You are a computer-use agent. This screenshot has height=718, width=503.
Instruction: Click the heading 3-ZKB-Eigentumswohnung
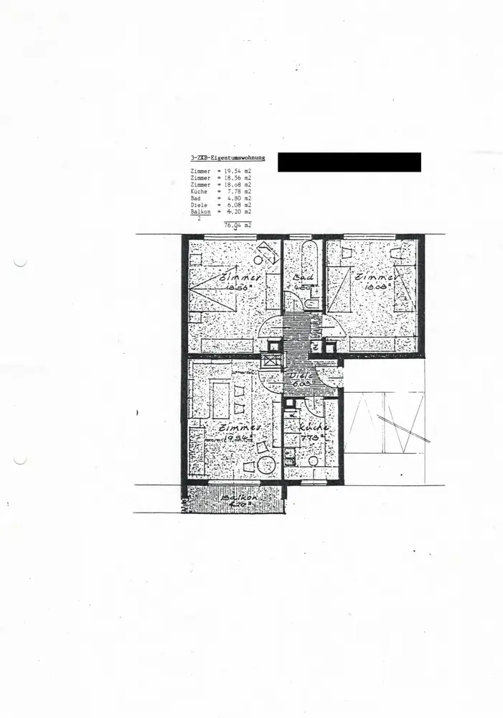point(227,157)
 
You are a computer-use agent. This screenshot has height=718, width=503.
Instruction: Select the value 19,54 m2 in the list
point(238,172)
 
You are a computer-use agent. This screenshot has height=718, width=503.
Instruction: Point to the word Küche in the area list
point(199,192)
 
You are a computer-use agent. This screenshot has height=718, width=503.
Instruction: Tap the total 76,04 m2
point(238,225)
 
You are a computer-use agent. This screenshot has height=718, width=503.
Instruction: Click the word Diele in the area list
point(199,205)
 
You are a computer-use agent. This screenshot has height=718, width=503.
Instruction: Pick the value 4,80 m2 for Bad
point(238,199)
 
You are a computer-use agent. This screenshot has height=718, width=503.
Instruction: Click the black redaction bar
point(349,162)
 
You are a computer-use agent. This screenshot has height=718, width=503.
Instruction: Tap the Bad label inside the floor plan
point(300,276)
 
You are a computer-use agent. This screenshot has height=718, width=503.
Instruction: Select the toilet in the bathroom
point(311,304)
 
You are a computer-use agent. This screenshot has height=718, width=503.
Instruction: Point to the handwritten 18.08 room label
point(375,286)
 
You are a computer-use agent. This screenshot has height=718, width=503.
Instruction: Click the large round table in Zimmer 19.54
point(266,465)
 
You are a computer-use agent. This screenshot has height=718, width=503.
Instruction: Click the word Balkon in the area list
point(201,212)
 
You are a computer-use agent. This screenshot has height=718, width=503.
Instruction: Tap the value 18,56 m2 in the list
point(238,179)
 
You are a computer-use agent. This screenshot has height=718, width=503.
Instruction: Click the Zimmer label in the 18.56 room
point(240,278)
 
